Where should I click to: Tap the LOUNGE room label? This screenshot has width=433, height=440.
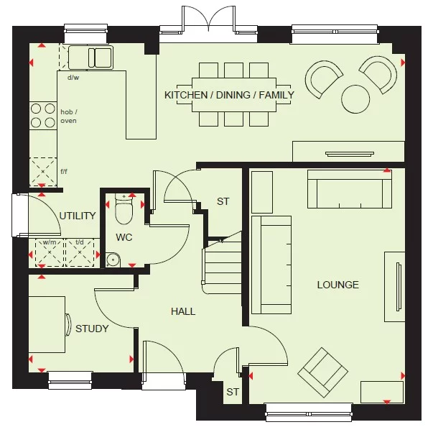coord(337,285)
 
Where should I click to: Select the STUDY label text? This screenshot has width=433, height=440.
coord(92,329)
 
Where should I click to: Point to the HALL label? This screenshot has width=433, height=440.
coord(183,311)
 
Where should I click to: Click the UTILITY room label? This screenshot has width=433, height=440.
coord(78,215)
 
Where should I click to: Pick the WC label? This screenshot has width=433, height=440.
coord(124,237)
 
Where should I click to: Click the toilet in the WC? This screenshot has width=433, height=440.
coord(125,209)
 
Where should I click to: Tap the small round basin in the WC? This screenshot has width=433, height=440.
coord(112,260)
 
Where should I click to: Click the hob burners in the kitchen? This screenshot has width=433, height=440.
coord(42,116)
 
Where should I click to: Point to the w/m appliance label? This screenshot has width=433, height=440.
coord(49,242)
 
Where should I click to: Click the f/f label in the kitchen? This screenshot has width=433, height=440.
coord(63,172)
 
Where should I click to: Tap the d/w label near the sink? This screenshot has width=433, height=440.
coord(73,77)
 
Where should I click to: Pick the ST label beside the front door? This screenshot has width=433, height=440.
coord(232,392)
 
